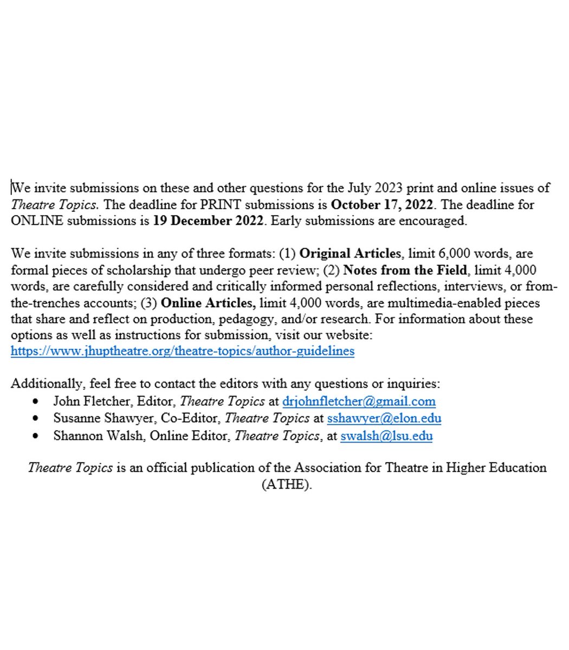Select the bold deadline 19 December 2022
[208, 221]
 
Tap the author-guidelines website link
[183, 351]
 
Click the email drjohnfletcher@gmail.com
[359, 401]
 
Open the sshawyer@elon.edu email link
[384, 418]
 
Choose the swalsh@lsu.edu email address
[386, 435]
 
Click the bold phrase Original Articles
[351, 253]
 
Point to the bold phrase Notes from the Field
[405, 270]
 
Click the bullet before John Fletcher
[36, 402]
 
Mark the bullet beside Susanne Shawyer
[36, 419]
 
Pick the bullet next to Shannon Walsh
[36, 436]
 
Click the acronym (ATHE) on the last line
[287, 484]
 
